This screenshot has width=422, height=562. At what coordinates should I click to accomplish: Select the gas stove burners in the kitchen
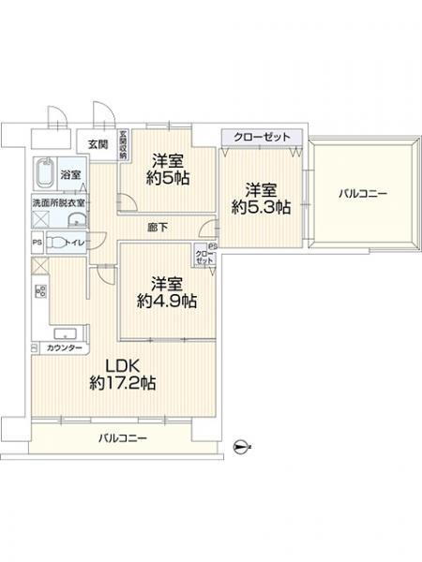[41, 292]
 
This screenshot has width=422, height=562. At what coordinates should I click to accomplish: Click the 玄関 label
[98, 143]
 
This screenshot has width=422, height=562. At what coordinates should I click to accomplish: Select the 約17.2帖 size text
[122, 383]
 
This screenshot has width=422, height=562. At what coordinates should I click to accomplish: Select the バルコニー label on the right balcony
[363, 193]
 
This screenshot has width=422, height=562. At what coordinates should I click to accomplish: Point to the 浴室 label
[70, 174]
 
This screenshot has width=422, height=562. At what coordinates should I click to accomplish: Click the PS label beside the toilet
[37, 243]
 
